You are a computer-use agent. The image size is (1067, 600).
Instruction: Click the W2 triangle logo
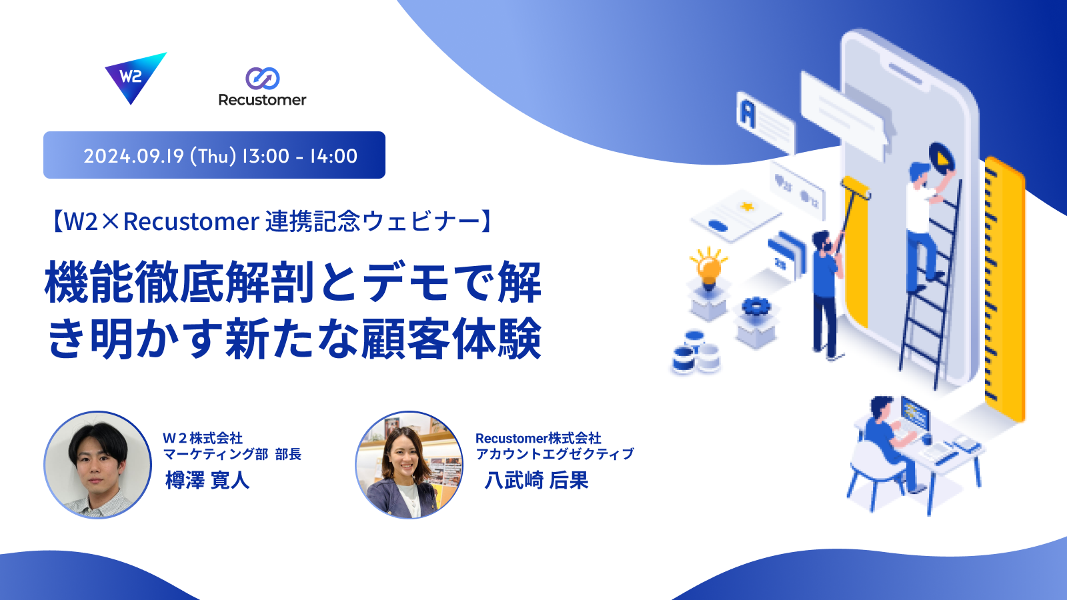click(x=134, y=76)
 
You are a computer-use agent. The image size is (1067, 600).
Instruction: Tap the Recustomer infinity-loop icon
click(x=263, y=79)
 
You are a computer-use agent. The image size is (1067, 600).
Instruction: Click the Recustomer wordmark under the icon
click(x=262, y=100)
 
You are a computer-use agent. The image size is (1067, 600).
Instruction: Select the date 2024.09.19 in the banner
click(x=133, y=156)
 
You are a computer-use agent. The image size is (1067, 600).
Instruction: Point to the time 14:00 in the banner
click(x=333, y=156)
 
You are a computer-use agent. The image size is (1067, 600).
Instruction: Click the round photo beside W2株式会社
click(x=97, y=465)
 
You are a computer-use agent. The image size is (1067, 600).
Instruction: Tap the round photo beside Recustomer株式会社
click(x=409, y=465)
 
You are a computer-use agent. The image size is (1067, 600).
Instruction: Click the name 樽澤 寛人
click(x=207, y=480)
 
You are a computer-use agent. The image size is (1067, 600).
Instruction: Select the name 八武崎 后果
click(x=536, y=480)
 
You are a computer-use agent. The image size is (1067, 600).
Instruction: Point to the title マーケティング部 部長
click(x=233, y=454)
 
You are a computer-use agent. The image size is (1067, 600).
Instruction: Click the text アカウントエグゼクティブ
click(x=555, y=454)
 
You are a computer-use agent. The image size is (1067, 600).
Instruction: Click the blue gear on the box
click(x=756, y=306)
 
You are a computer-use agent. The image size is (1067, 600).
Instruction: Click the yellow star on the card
click(x=747, y=207)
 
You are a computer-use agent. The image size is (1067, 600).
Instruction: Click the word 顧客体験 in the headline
click(x=451, y=339)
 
